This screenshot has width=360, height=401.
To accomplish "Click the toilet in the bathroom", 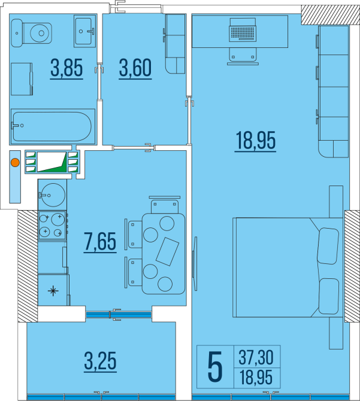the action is tap(32, 33).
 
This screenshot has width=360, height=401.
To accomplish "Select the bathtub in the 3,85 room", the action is tap(53, 126).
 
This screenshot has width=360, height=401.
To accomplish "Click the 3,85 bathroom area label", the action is tap(66, 69).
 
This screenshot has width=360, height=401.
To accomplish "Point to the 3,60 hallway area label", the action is tap(135, 69).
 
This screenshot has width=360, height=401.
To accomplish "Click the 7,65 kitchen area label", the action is tap(100, 242).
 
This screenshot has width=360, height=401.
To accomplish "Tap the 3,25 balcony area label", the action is tap(100, 361).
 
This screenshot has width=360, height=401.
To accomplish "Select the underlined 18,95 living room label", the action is tap(255, 141).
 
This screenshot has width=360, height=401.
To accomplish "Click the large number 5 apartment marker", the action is tap(215, 367).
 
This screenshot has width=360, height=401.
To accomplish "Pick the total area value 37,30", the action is tap(256, 357).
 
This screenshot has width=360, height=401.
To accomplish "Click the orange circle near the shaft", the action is tap(16, 163).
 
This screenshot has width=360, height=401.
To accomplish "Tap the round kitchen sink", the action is tap(53, 195).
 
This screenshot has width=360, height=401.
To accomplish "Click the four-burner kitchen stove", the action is tap(53, 225).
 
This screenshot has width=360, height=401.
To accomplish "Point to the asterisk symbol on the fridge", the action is tap(53, 291).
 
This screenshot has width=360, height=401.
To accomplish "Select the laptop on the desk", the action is tap(243, 29).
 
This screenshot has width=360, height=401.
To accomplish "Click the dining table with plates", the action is tap(164, 254).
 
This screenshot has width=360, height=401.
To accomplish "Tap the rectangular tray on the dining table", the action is tap(167, 251).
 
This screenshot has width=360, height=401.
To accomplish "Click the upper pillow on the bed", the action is tap(328, 246).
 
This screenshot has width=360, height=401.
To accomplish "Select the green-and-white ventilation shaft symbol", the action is tap(52, 162).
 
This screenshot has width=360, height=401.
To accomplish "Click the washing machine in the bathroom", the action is tap(22, 79).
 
